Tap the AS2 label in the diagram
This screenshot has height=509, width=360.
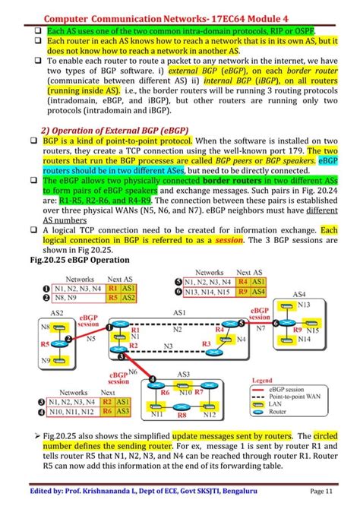pyautogui.click(x=56, y=313)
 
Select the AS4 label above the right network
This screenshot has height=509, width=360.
pyautogui.click(x=298, y=294)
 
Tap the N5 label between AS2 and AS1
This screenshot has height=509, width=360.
pyautogui.click(x=91, y=339)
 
